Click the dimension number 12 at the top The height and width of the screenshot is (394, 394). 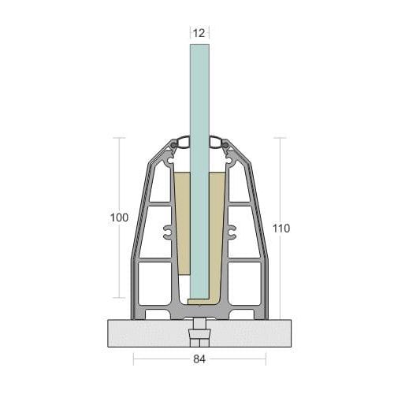tap(199, 33)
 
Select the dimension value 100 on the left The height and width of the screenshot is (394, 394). tap(119, 217)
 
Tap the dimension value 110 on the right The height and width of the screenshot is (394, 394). tap(281, 229)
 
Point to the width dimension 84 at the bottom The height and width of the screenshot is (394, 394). tap(199, 359)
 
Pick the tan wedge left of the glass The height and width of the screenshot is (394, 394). tap(183, 223)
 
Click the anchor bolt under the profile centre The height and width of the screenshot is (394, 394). tap(199, 333)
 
